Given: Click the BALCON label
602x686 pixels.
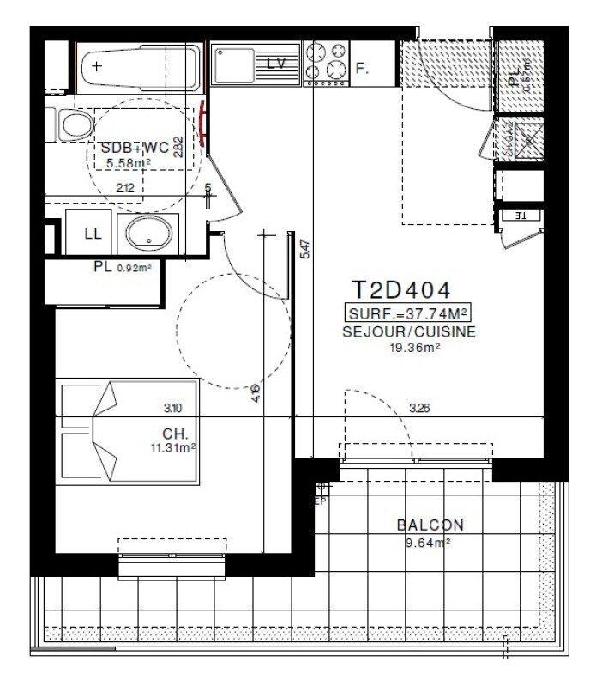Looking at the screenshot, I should pyautogui.click(x=430, y=525).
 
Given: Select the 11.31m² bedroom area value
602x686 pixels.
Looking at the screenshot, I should pyautogui.click(x=172, y=447).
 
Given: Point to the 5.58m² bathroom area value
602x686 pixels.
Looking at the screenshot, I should pyautogui.click(x=128, y=162).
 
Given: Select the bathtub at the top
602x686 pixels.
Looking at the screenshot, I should pyautogui.click(x=140, y=66).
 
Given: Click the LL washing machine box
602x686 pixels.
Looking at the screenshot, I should pyautogui.click(x=92, y=234).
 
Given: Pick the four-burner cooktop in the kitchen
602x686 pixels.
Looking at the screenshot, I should pyautogui.click(x=326, y=60).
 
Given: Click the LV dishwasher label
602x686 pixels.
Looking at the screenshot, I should pyautogui.click(x=276, y=63).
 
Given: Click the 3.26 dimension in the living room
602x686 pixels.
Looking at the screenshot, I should pyautogui.click(x=420, y=408).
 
